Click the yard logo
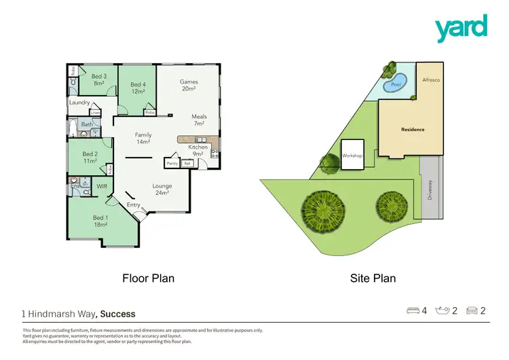[x=461, y=29]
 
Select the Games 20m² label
[x=188, y=85]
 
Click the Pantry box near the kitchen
[x=172, y=163]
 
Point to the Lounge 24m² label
[x=162, y=189]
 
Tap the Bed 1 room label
[x=99, y=221]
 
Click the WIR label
[x=102, y=185]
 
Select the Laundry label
[x=79, y=103]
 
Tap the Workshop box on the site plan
[x=352, y=156]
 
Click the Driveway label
[x=430, y=185]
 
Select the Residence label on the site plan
[x=413, y=129]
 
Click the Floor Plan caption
[x=148, y=278]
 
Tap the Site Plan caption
[x=373, y=278]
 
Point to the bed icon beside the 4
[x=412, y=311]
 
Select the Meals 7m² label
[x=199, y=120]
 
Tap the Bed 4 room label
[x=138, y=88]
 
